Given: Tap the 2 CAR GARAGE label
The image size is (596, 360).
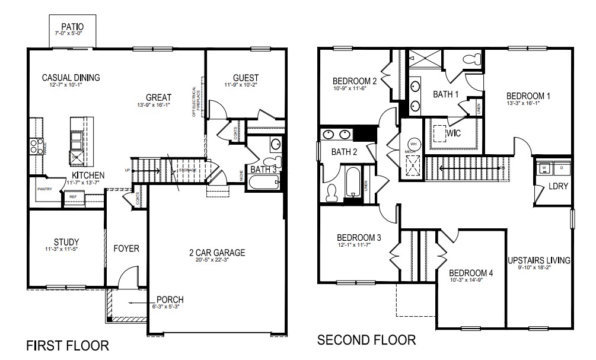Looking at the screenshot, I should (x=213, y=252).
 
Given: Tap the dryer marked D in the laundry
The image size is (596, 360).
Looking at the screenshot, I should (x=562, y=168).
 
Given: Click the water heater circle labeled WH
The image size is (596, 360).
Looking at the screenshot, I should (x=413, y=144).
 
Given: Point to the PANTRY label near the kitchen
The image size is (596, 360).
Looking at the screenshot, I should (x=44, y=189).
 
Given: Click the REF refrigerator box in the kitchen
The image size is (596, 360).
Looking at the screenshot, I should (x=72, y=197).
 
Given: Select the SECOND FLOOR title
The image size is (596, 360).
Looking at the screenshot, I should (x=366, y=340).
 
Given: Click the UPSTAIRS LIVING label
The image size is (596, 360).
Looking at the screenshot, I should (x=538, y=260).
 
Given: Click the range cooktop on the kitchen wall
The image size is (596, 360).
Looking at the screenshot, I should (x=34, y=146).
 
